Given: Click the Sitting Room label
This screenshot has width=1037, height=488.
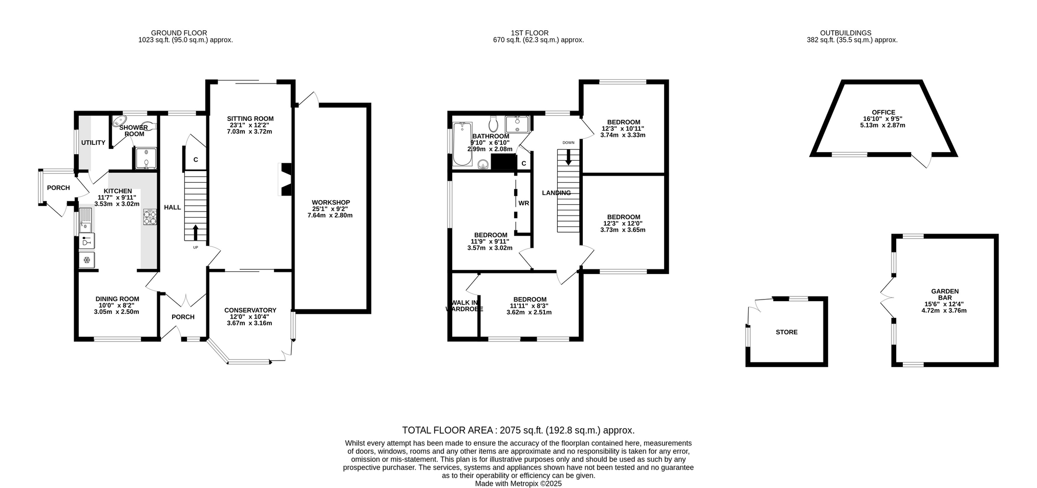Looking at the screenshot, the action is [250, 119].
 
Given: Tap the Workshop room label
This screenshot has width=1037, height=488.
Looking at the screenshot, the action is [331, 202].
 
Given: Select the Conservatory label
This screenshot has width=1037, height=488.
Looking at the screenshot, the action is [250, 310].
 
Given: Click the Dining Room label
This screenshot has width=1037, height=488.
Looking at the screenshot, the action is [117, 299].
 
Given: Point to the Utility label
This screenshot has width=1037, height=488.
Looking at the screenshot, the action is [93, 143].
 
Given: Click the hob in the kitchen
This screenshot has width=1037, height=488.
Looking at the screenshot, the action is [150, 218].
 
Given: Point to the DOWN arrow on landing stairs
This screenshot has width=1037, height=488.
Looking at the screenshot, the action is [568, 157].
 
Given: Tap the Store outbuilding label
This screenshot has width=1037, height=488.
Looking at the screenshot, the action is [787, 332].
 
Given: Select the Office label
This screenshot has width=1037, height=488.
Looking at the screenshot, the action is [883, 113].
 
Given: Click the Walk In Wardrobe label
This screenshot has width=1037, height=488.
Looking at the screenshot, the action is [464, 306].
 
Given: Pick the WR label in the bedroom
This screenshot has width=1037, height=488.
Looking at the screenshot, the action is [523, 203].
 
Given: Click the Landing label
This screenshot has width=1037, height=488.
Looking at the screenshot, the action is [557, 193].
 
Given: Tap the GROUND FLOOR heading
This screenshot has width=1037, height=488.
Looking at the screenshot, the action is [179, 33].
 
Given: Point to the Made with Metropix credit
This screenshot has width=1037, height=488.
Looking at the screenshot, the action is [518, 483].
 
